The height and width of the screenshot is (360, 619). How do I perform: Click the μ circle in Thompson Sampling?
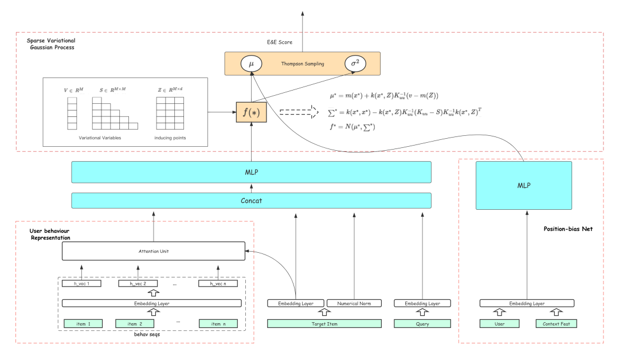click(251, 64)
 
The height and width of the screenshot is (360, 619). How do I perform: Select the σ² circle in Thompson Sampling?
click(355, 64)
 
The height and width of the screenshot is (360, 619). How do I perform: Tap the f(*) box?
click(251, 112)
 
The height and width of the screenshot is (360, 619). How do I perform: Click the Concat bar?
click(251, 201)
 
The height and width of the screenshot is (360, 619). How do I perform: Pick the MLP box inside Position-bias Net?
click(524, 185)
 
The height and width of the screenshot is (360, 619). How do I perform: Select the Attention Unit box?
click(153, 251)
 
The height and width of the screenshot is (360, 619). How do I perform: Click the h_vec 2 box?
click(138, 284)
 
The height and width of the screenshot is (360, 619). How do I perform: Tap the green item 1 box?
click(83, 324)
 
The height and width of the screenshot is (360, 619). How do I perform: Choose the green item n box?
click(218, 324)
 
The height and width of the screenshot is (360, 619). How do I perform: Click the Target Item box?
click(324, 324)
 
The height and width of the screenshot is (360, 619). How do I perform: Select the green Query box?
click(422, 324)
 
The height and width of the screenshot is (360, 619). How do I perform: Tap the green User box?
click(499, 324)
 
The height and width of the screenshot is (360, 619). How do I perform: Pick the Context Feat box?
click(556, 324)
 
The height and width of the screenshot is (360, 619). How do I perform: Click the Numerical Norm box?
click(354, 303)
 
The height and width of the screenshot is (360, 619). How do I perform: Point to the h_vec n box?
click(218, 284)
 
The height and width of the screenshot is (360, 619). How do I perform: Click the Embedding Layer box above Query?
click(422, 303)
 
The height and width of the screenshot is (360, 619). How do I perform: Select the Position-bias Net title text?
click(567, 229)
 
